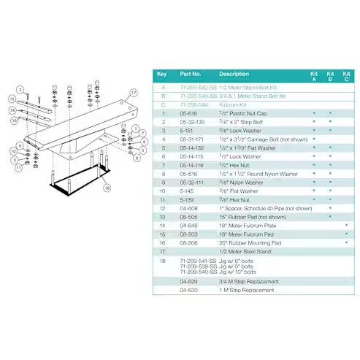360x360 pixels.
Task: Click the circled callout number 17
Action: pos(134,93)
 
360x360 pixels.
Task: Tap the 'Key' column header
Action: pos(162,74)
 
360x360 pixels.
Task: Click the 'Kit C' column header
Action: pos(347,76)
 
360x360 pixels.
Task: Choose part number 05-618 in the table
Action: pos(188,114)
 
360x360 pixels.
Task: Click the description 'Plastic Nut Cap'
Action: pos(245,114)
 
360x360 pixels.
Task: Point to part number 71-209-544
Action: pos(194,104)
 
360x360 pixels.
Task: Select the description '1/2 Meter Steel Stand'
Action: pos(245,251)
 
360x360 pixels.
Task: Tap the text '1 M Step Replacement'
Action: pos(248,290)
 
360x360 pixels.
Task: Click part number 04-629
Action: pos(188,281)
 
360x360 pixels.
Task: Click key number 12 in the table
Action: pos(162,208)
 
